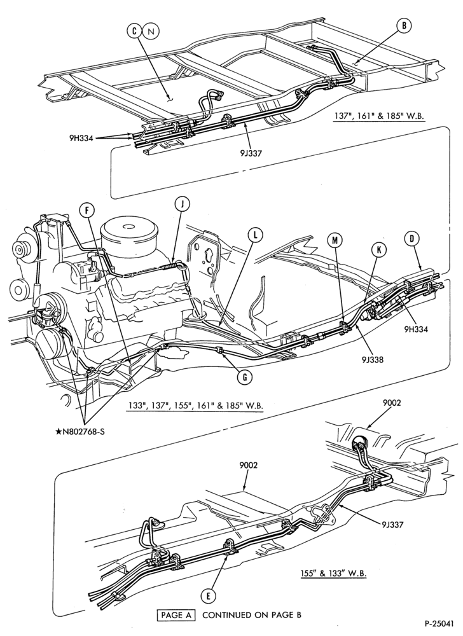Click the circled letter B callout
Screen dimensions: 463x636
(x=403, y=26)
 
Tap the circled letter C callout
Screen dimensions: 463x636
(x=135, y=31)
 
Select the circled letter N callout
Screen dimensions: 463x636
(x=151, y=31)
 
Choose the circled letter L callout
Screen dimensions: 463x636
(x=256, y=235)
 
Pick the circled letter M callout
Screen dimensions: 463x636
(x=335, y=240)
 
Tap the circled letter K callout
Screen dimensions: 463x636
(x=379, y=250)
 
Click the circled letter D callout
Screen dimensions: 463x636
(x=411, y=238)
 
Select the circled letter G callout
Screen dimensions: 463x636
(x=244, y=377)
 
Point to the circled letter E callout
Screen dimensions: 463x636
(x=208, y=596)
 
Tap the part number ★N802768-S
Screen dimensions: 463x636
(x=79, y=431)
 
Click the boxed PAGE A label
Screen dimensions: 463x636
(x=176, y=615)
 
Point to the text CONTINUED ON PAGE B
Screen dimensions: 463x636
(x=252, y=615)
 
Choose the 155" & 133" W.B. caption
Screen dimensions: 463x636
(x=331, y=574)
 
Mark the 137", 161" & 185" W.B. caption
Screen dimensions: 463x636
(x=378, y=116)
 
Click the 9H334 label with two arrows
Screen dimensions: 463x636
(x=81, y=138)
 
